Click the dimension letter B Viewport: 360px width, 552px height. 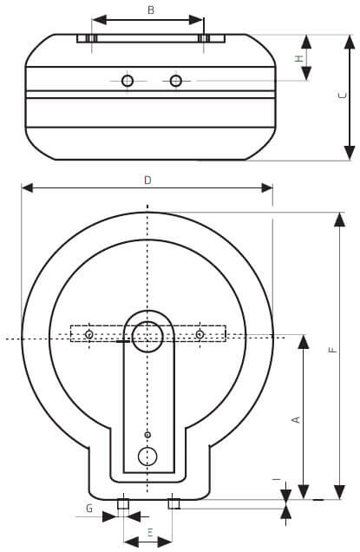(x=151, y=10)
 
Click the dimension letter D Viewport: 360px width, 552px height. (x=147, y=180)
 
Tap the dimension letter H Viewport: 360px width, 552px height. (x=299, y=58)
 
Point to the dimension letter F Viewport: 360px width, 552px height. (x=331, y=349)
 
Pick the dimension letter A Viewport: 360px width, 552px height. (x=296, y=419)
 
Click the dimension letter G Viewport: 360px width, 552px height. (x=88, y=507)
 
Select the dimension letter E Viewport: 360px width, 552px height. (x=149, y=531)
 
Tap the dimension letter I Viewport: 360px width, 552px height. (x=275, y=479)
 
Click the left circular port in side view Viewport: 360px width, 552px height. (x=128, y=81)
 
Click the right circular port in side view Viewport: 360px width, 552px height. (x=176, y=81)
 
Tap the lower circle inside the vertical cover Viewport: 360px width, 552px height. (x=148, y=456)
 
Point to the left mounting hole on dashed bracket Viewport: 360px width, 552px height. (x=89, y=334)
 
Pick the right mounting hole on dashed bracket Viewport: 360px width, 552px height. (x=200, y=334)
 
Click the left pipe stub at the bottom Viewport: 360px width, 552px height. (x=123, y=503)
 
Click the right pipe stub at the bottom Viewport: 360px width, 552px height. (x=173, y=503)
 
